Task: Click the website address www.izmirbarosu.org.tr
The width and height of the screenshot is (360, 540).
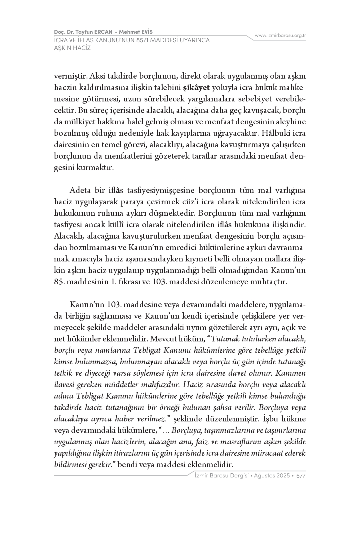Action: pos(280,35)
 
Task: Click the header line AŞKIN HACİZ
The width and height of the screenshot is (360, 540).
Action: pos(72,48)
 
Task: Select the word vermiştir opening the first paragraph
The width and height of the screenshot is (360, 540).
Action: pos(70,76)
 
